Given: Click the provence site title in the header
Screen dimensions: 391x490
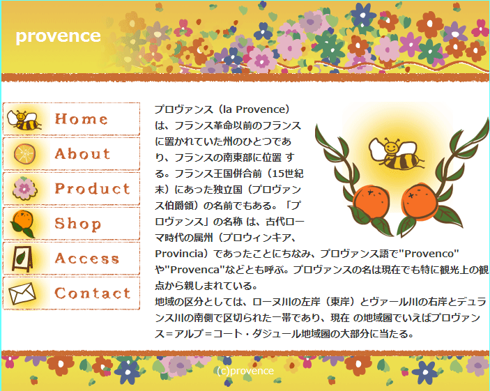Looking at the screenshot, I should click(58, 36).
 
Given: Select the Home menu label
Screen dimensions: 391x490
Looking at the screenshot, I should click(82, 119).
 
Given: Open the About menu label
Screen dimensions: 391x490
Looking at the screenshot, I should click(82, 154).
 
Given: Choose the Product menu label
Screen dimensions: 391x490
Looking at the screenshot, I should click(93, 189).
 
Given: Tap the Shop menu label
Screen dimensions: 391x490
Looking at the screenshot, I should click(78, 224).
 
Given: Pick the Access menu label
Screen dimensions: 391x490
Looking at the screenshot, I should click(87, 259).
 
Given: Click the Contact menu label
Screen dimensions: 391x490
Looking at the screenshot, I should click(93, 293).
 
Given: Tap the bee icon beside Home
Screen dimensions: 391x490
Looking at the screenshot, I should click(26, 120).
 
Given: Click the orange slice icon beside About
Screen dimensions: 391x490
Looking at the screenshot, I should click(24, 154).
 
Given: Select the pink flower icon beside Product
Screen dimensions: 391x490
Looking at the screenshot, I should click(24, 188).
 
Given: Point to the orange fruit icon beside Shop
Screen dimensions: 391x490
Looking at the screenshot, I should click(23, 222).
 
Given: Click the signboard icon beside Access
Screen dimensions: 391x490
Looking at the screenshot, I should click(23, 259).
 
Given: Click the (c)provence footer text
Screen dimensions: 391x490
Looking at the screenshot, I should click(245, 371).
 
